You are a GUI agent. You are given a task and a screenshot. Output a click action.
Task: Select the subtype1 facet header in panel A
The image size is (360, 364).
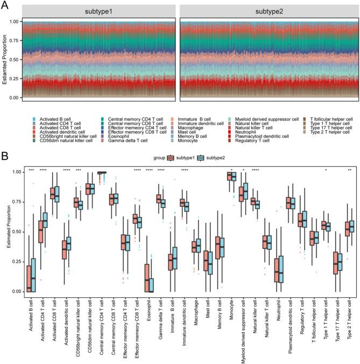click(102, 11)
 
